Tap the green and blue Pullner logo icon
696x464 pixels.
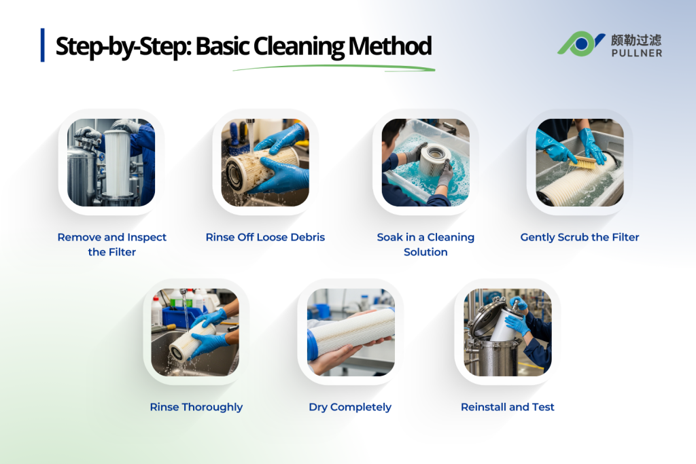580,43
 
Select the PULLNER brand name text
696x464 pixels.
636,52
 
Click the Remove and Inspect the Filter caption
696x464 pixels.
111,245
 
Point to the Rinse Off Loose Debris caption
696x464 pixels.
265,237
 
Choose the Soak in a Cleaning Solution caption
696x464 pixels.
425,245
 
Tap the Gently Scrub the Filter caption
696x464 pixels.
580,237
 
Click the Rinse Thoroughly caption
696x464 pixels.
196,407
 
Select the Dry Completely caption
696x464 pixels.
350,407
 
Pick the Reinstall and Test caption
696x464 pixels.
507,407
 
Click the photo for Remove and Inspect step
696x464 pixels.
111,163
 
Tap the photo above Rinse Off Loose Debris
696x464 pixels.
265,163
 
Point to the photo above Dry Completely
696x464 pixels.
351,332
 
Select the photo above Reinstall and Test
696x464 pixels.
507,332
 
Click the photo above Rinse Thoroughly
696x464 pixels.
196,332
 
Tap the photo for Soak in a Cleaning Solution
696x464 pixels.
425,163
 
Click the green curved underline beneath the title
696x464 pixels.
333,67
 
